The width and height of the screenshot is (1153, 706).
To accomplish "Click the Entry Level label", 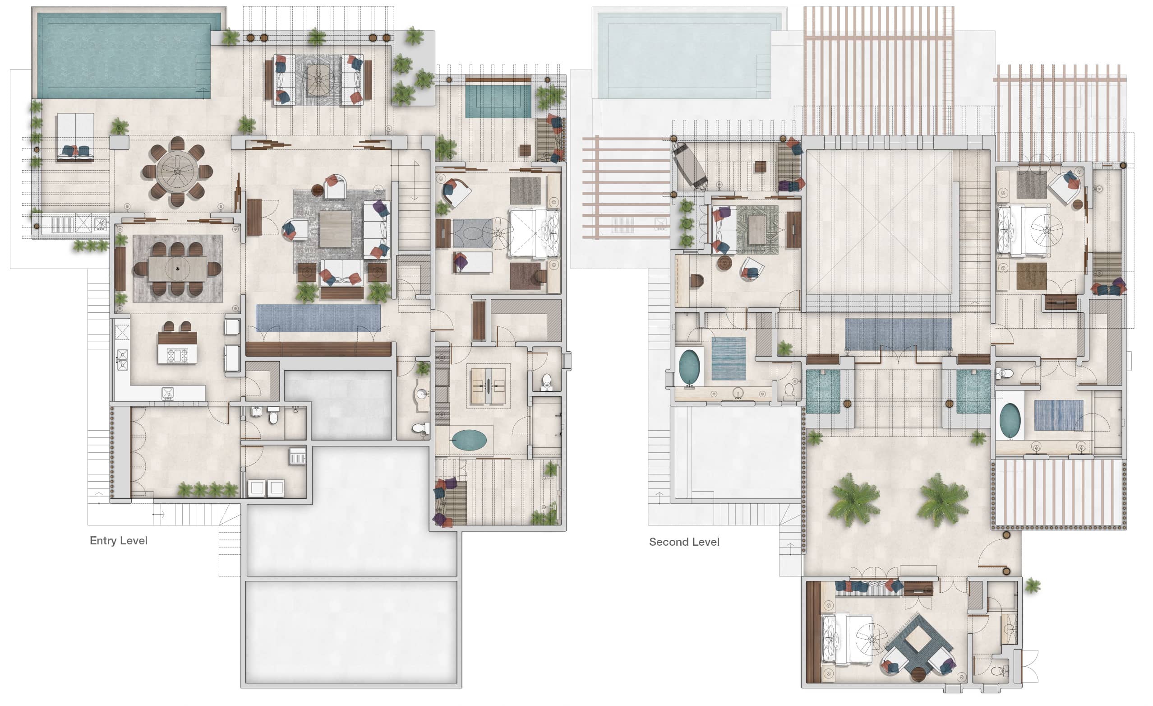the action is [x=118, y=541].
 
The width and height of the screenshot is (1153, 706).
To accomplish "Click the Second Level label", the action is [x=684, y=542].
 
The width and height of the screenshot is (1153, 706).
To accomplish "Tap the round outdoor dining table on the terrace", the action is [x=177, y=172].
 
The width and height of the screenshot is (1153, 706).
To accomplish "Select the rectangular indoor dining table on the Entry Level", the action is [x=177, y=269].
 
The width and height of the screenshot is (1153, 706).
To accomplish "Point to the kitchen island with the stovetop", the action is [x=177, y=348].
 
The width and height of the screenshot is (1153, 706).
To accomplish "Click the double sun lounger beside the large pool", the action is [x=75, y=137].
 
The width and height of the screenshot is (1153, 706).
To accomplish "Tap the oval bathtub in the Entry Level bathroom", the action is [x=469, y=440].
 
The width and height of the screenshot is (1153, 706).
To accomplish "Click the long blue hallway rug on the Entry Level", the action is [x=318, y=318].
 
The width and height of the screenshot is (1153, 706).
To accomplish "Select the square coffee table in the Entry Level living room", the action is [x=336, y=229].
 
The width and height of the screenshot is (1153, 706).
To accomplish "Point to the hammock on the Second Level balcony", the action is [x=690, y=165].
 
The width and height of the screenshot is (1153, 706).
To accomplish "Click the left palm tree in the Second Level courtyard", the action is [x=854, y=500].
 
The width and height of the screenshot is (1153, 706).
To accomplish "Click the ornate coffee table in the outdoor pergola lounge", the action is [x=318, y=80].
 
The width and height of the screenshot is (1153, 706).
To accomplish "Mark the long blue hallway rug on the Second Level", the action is [x=899, y=334].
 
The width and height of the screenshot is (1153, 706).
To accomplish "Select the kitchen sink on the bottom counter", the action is [x=167, y=393].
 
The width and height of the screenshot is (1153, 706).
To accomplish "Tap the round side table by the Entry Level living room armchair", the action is [x=318, y=190].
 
